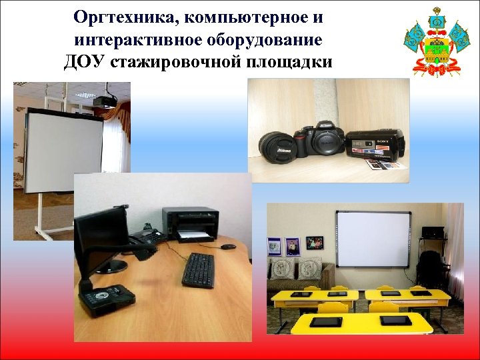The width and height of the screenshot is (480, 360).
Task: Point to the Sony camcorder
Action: tap(377, 143)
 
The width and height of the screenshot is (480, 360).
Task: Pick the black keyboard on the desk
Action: tap(198, 269)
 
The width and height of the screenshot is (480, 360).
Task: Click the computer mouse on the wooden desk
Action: tap(228, 247)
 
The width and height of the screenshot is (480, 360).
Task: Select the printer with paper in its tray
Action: tap(191, 224)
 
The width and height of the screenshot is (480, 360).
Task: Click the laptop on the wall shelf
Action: tap(433, 233)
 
